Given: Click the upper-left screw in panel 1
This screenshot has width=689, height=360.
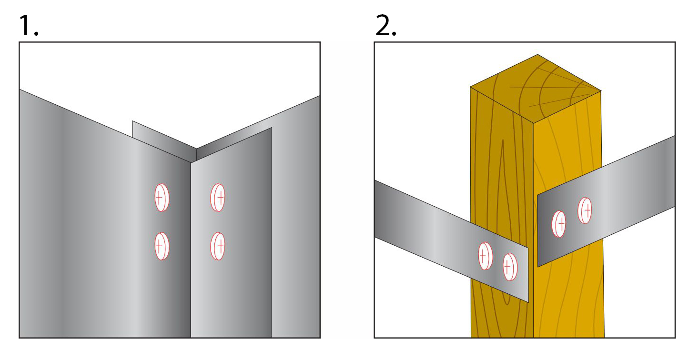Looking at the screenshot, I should pos(162,197).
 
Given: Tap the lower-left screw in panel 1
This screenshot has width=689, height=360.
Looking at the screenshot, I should pos(162,246).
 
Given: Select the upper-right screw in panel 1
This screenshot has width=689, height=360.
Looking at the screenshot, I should pos(218,197).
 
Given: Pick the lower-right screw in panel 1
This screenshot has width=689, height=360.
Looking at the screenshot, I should pos(218,246).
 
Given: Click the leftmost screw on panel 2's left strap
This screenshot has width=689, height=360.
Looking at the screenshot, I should pos(485,256).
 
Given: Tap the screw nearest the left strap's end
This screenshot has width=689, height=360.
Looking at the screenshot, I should pos(510,267).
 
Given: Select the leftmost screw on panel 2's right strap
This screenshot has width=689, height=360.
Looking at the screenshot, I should pos(559,223).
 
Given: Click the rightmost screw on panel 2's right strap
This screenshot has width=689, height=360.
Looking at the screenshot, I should pos(585,210).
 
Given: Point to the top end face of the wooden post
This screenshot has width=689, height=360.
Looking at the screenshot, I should pos(536,88).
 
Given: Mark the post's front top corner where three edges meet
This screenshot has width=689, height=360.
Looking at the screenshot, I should pos(533,123).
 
